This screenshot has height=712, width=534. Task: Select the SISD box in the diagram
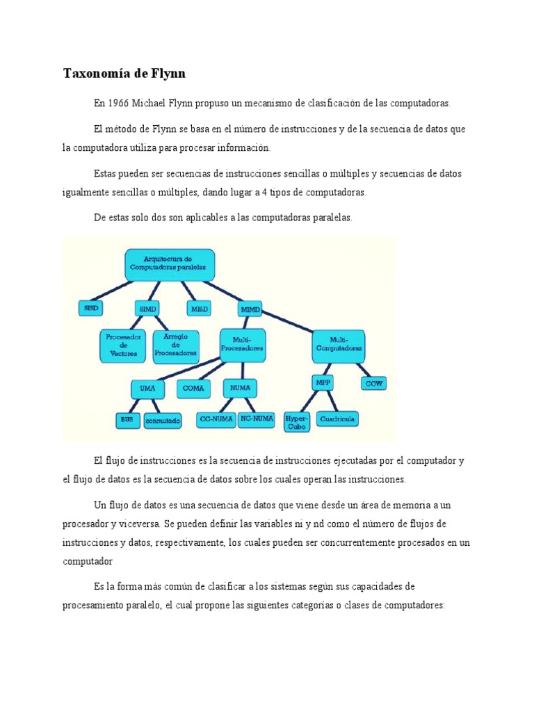[x=90, y=308]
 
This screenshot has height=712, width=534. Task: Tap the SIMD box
[x=147, y=308]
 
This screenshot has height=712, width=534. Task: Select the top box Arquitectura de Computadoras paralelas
[x=170, y=263]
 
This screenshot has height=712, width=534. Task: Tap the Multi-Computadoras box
[x=339, y=346]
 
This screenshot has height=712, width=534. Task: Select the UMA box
[x=147, y=388]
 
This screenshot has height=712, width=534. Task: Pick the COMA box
[x=193, y=388]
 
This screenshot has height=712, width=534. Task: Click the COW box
[x=373, y=383]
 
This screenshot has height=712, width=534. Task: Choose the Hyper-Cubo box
[x=297, y=422]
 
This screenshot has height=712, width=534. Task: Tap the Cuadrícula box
[x=337, y=419]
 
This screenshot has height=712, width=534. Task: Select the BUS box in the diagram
[x=127, y=420]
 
